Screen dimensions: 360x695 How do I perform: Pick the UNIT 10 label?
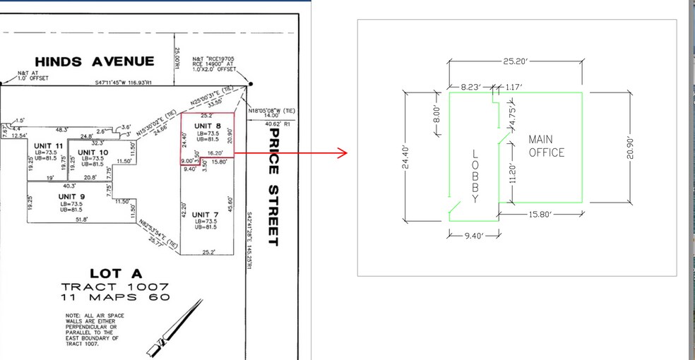coord(93,152)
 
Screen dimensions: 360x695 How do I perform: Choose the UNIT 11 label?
coord(49,145)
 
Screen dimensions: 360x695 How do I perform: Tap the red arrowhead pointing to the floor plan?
coord(344,152)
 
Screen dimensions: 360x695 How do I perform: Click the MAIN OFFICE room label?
coord(546,146)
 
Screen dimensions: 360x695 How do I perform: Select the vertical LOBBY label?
coord(475,176)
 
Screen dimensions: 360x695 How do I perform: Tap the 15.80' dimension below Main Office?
coord(540,212)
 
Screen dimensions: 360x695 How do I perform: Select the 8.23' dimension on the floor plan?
coord(470,87)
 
